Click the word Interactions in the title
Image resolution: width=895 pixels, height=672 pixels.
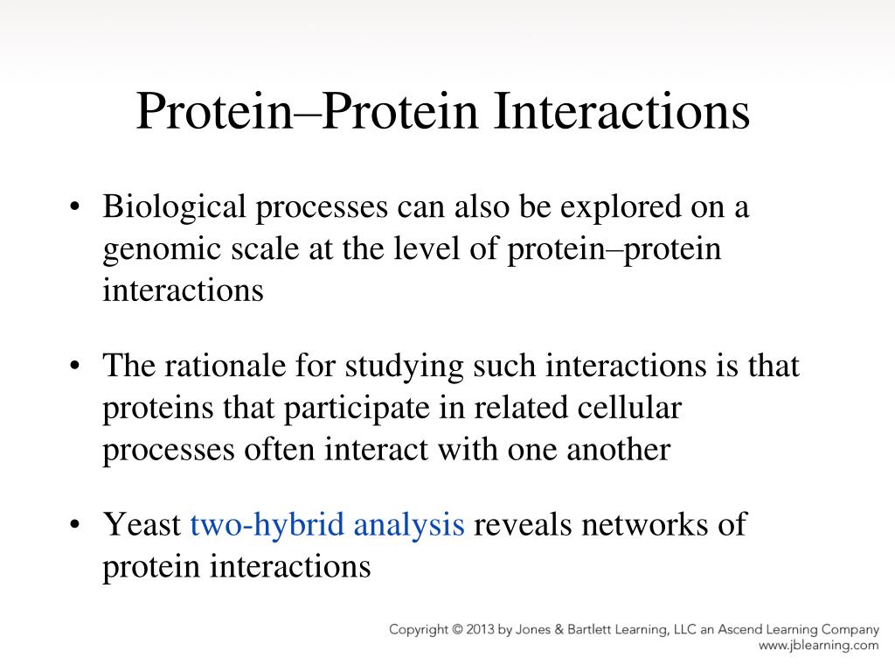621,111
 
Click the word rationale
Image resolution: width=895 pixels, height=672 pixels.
225,366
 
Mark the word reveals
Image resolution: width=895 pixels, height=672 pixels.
523,524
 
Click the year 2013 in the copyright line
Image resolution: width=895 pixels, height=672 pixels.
481,630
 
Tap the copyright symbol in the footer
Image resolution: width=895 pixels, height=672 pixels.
457,630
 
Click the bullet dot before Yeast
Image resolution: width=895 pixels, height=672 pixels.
74,524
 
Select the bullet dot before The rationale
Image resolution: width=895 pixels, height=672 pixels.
74,366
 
